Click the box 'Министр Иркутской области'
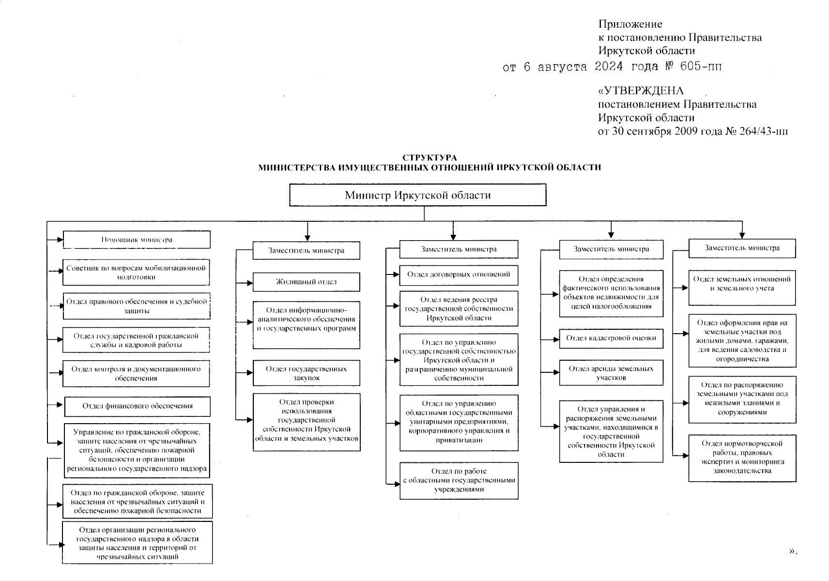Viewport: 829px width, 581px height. pos(417,195)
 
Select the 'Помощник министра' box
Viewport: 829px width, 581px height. pos(137,240)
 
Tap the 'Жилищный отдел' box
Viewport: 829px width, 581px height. pos(306,282)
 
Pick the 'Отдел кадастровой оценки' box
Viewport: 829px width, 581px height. pos(611,338)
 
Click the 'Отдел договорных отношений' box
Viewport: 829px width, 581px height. pos(459,275)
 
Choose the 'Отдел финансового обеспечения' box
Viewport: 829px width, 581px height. pos(138,406)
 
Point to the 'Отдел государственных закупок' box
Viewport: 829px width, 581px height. pos(306,373)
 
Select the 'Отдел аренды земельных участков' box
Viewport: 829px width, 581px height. pos(611,373)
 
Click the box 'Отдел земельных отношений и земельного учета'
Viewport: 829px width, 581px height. pos(742,288)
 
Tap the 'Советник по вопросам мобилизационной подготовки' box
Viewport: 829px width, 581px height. pos(136,273)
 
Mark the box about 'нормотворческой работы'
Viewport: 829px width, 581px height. pos(742,458)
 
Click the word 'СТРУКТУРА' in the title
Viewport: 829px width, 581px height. pos(430,158)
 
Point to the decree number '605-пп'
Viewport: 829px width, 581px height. pos(701,66)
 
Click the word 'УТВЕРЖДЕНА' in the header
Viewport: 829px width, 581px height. pos(644,91)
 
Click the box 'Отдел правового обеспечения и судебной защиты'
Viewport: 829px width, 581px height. pos(137,306)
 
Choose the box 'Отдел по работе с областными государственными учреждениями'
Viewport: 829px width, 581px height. pos(459,480)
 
